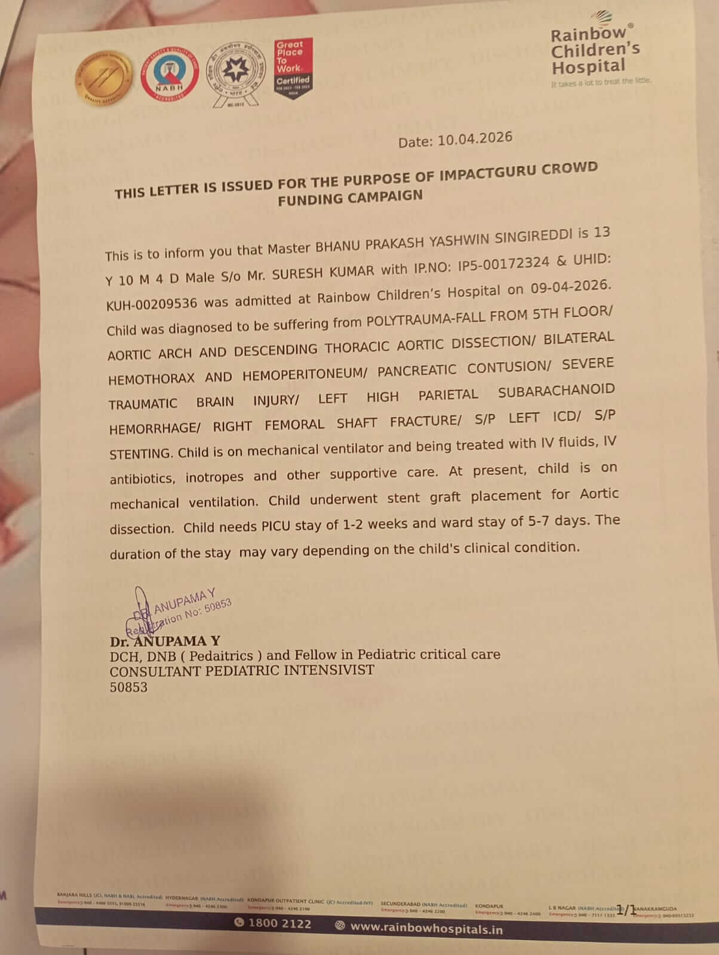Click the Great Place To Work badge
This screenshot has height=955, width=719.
click(x=293, y=68)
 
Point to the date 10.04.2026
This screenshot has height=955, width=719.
click(x=475, y=138)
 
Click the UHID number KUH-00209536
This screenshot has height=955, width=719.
click(x=152, y=303)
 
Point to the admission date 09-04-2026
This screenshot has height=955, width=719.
click(x=570, y=287)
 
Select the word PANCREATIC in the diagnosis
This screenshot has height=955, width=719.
click(x=417, y=371)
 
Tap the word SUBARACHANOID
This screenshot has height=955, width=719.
click(x=556, y=392)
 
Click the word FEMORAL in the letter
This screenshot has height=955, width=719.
click(x=294, y=425)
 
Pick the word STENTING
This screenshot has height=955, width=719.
click(x=140, y=454)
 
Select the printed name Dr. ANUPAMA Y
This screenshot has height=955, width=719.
click(x=165, y=642)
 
